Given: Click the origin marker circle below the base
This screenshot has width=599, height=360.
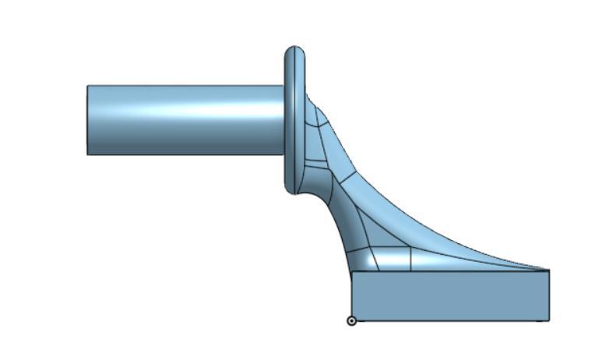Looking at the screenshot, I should [351, 320].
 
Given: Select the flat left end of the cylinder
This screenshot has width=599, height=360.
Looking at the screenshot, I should [87, 120].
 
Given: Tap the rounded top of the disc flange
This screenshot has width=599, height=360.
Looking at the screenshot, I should [294, 50].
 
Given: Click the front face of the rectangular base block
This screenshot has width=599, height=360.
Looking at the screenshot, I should [450, 296].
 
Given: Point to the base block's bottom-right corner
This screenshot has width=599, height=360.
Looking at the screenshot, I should [549, 320].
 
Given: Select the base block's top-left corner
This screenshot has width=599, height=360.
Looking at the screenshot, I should [352, 271].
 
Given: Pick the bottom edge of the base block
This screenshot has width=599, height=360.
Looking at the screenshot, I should [450, 320].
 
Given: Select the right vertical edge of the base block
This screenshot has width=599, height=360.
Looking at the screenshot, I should [549, 296].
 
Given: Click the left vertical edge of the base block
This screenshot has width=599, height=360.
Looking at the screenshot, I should [352, 296].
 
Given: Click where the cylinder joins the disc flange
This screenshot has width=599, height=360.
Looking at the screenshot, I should [284, 120].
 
